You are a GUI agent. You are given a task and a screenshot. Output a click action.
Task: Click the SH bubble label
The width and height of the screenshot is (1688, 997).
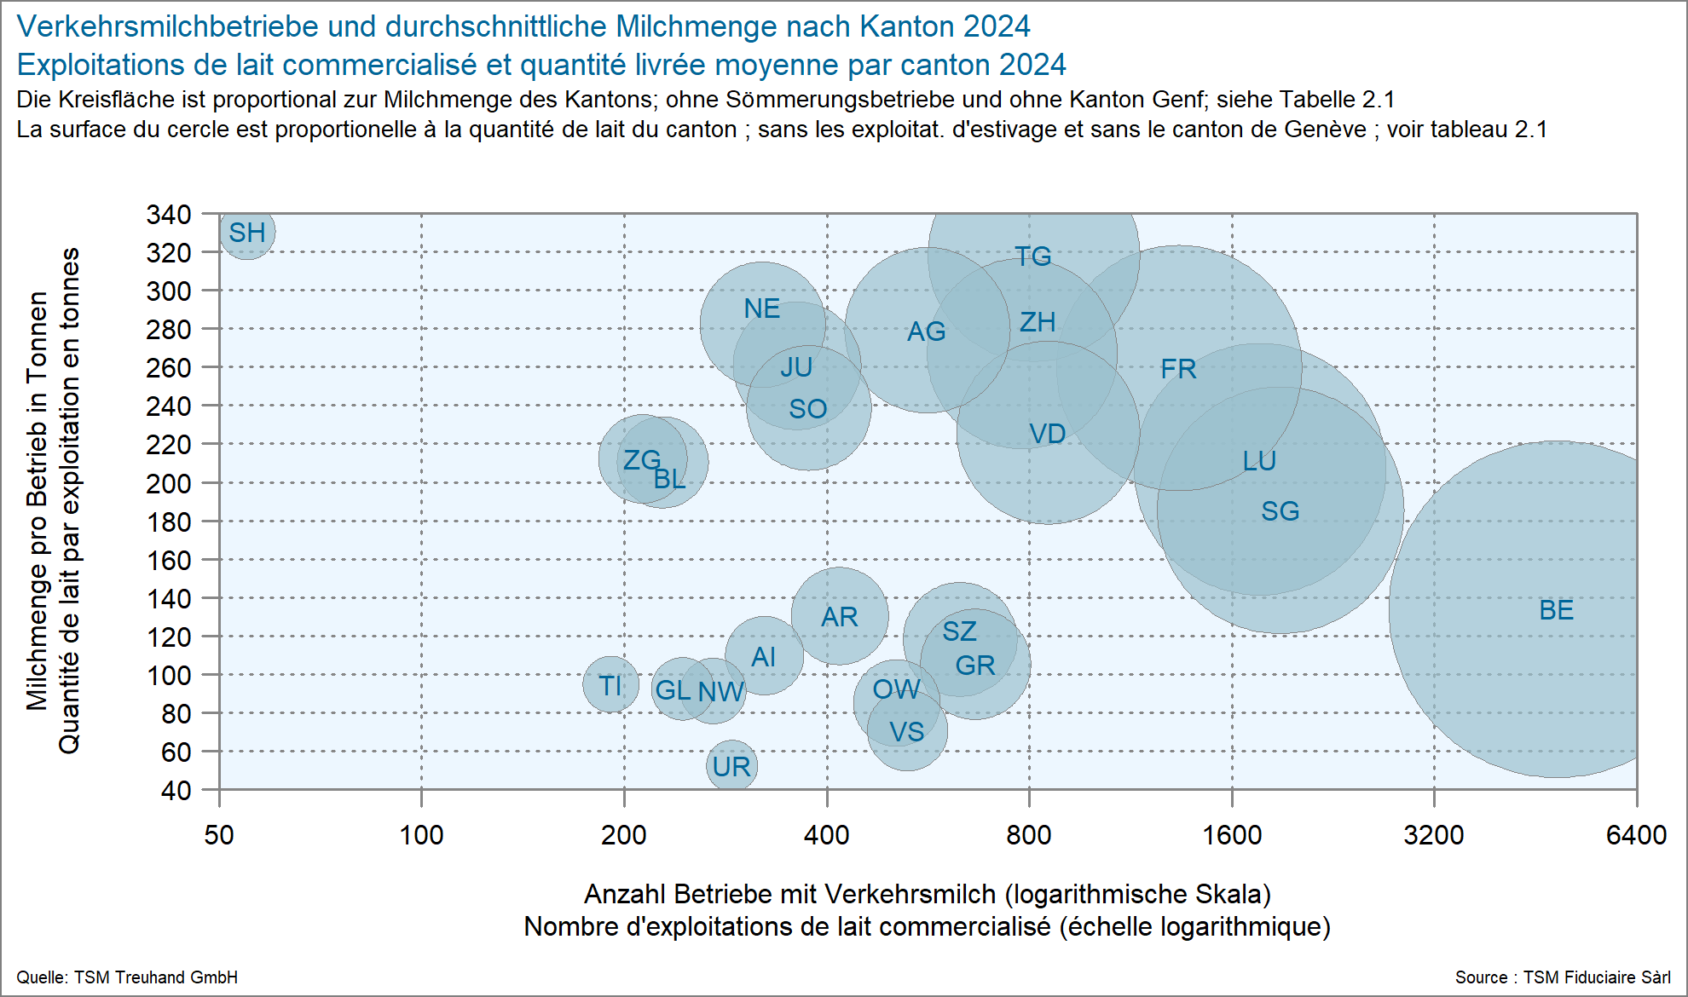[247, 233]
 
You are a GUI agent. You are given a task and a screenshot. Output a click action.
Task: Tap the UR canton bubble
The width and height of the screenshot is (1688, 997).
[731, 766]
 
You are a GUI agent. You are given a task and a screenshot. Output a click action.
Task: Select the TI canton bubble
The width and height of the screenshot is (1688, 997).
[610, 685]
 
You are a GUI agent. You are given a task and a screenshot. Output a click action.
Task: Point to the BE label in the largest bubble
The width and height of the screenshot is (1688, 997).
[1556, 610]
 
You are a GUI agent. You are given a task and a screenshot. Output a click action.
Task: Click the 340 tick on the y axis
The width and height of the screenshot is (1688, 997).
[169, 215]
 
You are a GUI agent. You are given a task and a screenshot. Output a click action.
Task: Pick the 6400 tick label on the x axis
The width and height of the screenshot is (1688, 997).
[1636, 835]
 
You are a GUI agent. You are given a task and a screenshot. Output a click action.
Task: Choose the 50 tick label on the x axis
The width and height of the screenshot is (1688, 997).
[219, 835]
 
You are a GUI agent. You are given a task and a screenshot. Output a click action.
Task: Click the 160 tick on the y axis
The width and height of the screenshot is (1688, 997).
[169, 561]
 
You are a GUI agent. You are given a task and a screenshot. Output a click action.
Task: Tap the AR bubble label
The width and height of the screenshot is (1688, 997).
[839, 617]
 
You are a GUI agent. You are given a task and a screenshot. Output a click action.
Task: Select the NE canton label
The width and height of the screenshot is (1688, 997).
[761, 308]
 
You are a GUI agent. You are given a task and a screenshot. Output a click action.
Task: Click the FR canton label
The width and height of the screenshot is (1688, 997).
[1178, 369]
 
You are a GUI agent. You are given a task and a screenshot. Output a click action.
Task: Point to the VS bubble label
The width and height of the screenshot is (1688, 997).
[906, 732]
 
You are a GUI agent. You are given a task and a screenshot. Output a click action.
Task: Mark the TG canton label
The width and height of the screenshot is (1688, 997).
[1032, 256]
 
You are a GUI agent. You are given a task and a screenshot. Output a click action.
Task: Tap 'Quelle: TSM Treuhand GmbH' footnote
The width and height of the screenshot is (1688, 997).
[127, 977]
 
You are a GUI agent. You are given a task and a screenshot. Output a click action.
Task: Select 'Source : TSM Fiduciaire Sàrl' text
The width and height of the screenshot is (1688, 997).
[1562, 977]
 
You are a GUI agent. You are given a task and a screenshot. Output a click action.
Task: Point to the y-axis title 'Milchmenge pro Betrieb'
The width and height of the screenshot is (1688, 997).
[37, 501]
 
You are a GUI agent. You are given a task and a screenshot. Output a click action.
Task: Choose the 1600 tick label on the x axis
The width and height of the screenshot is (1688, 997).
[1232, 835]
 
